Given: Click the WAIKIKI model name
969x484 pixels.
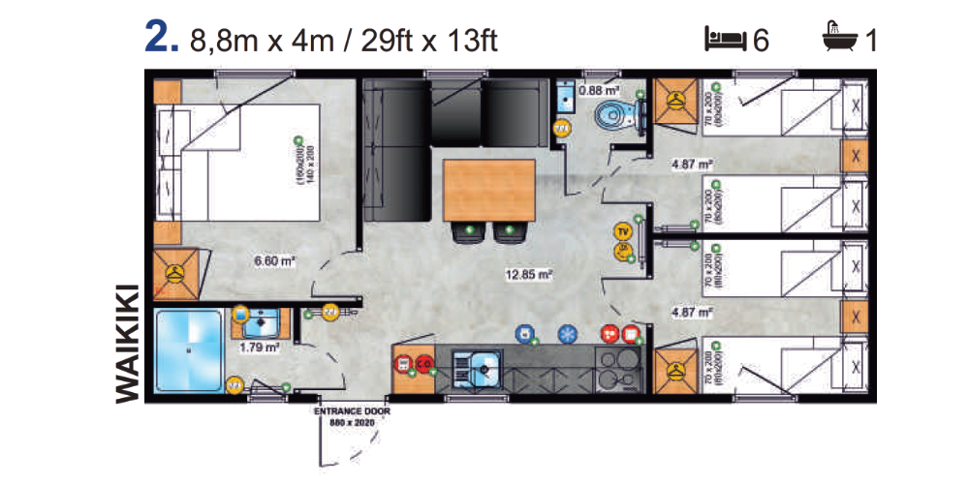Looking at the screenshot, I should (129, 342).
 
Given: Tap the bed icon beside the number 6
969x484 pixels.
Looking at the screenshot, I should (726, 40).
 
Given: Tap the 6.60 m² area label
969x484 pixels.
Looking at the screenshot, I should (273, 261).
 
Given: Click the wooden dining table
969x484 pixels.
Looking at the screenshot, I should (488, 190).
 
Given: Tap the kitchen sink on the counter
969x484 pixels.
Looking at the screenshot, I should (482, 366).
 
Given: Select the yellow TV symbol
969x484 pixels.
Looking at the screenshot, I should (622, 232).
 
